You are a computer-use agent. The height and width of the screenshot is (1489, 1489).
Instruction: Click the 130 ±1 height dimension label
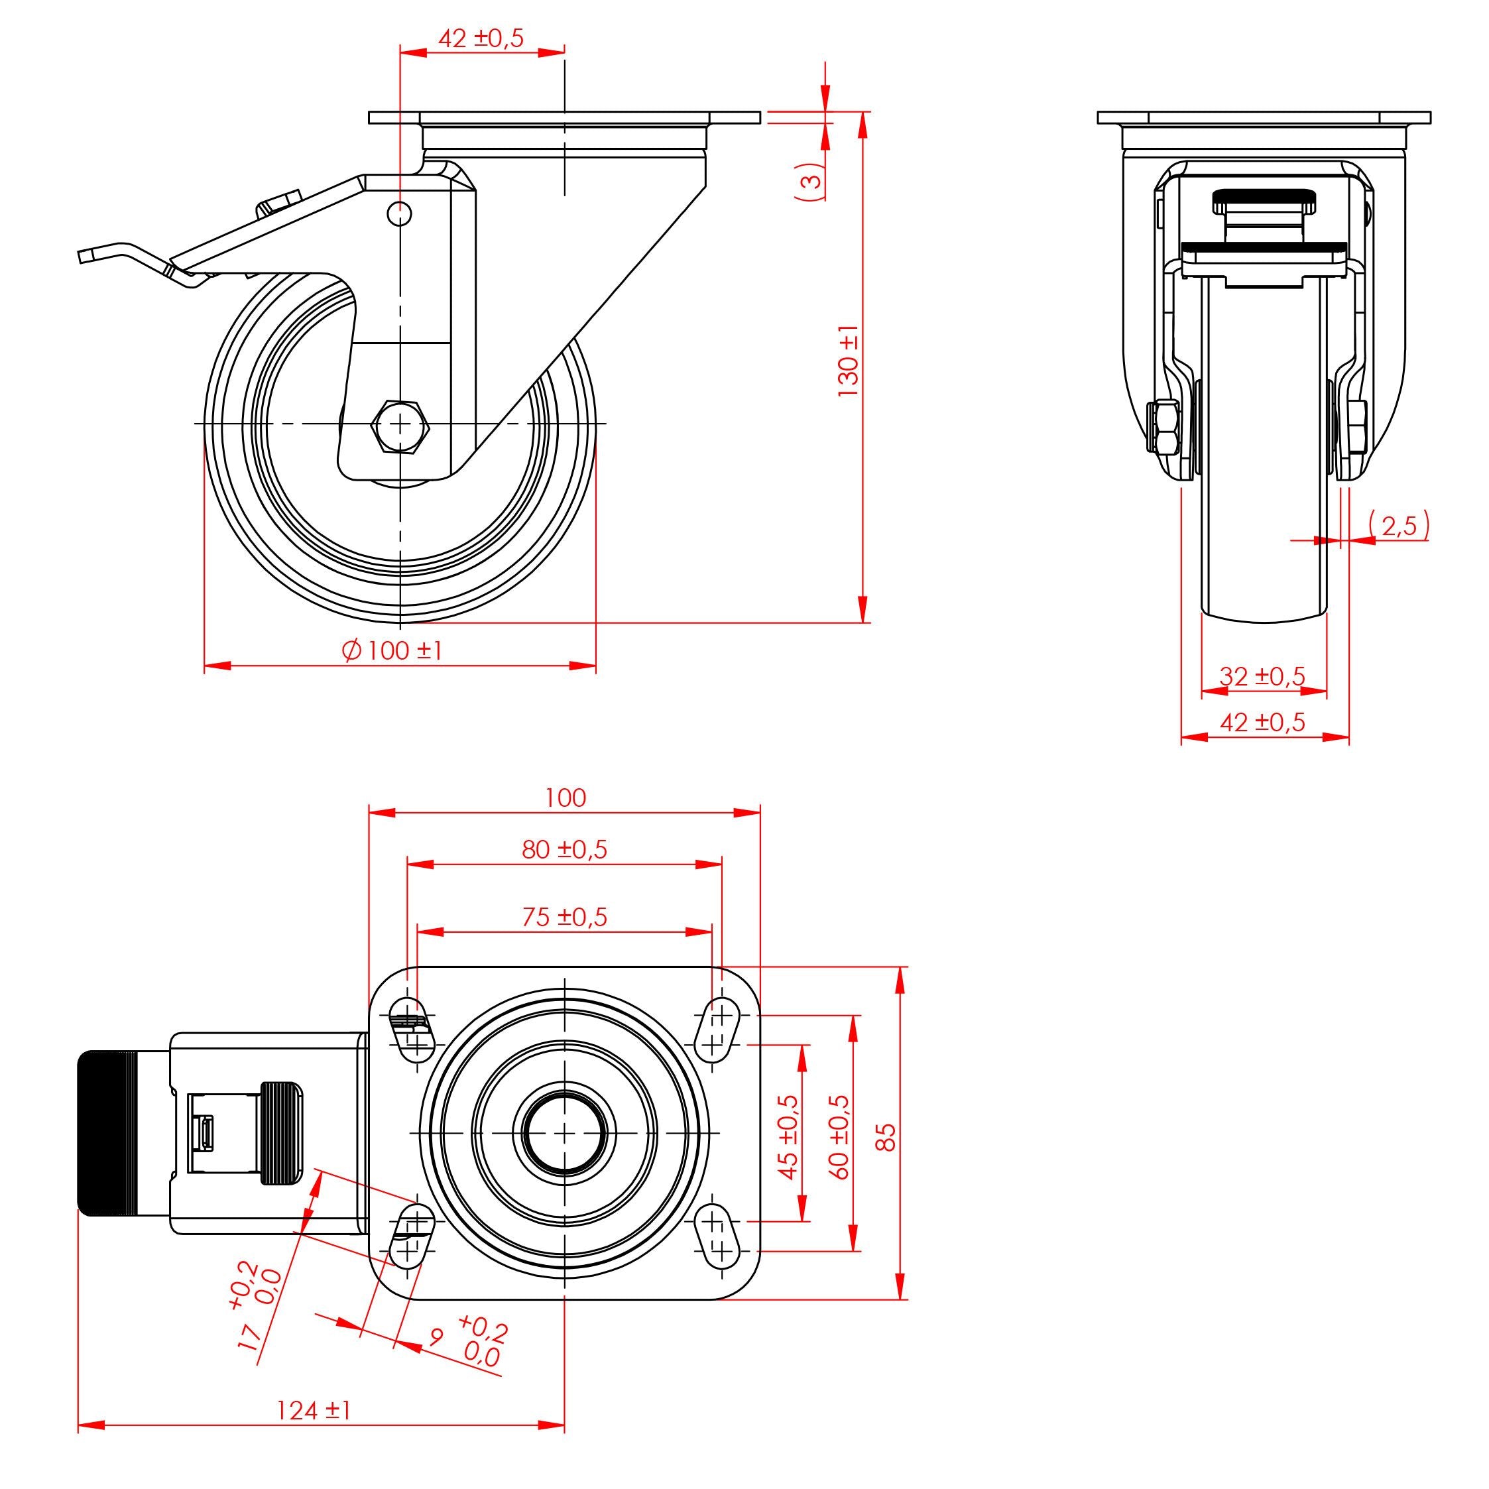(849, 361)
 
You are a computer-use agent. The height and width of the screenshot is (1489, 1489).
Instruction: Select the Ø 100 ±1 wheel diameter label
(392, 650)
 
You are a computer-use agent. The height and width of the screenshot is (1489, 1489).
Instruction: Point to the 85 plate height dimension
(888, 1137)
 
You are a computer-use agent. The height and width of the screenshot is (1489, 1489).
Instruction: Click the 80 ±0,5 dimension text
(564, 849)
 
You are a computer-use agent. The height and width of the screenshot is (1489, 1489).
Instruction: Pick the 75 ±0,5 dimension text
(564, 916)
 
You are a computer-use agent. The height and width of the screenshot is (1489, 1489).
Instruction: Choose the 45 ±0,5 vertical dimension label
(788, 1137)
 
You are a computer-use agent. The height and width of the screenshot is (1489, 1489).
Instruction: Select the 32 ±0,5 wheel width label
(1262, 677)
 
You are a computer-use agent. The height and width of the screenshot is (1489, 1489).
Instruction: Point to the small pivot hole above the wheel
(399, 213)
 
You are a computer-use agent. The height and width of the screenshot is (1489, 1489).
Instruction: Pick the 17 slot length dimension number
(249, 1339)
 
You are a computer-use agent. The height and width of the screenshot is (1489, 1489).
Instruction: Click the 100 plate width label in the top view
(565, 798)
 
